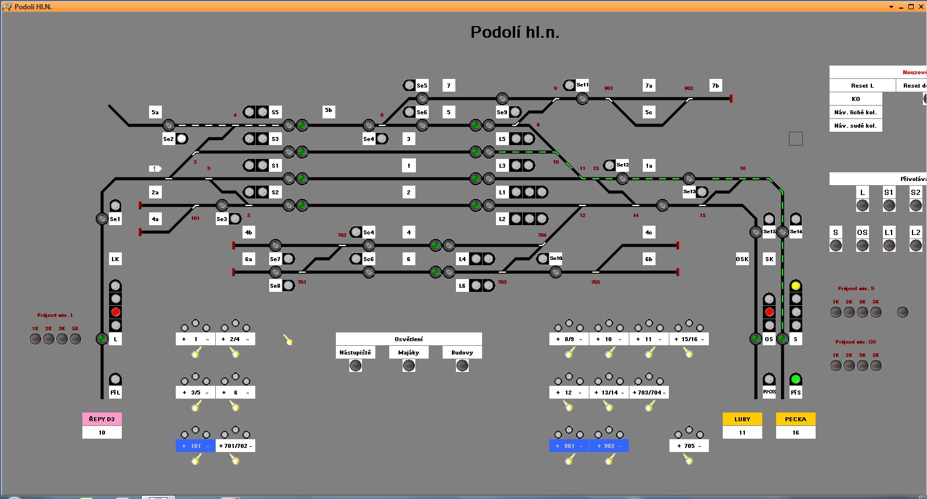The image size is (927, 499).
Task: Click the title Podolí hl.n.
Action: click(515, 32)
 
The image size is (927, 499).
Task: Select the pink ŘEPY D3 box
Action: click(102, 419)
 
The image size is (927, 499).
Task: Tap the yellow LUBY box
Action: click(742, 419)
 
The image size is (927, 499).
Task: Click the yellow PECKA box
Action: click(795, 419)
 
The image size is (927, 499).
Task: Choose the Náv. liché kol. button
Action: click(855, 113)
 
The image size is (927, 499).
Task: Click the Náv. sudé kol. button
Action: click(855, 126)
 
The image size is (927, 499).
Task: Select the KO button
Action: click(855, 99)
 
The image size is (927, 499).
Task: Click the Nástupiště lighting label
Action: click(355, 353)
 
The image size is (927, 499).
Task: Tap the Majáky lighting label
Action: click(408, 353)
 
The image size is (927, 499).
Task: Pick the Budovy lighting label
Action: click(462, 353)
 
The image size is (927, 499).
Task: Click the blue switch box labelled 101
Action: click(195, 446)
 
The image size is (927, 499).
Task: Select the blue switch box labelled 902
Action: click(609, 446)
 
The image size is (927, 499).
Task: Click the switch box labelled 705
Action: click(689, 446)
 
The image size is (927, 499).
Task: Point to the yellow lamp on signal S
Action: click(795, 285)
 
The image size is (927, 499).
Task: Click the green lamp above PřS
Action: click(795, 379)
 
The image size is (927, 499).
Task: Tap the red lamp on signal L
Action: click(115, 312)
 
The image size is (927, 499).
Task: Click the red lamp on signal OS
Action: click(769, 312)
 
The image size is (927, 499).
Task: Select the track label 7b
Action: click(715, 86)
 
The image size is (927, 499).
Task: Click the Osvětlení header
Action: click(408, 339)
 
